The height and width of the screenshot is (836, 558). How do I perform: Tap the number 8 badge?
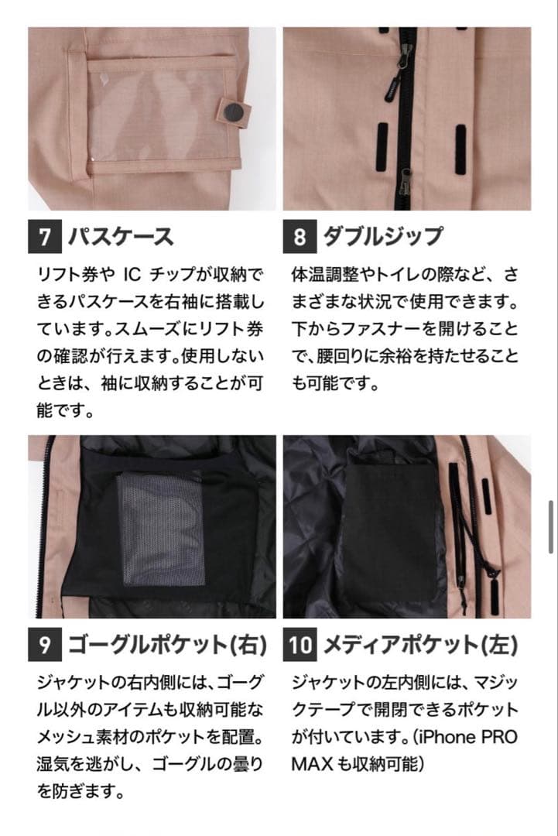300,236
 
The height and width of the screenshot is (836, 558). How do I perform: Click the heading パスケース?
120,236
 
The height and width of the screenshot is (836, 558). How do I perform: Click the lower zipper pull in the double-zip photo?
404,183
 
